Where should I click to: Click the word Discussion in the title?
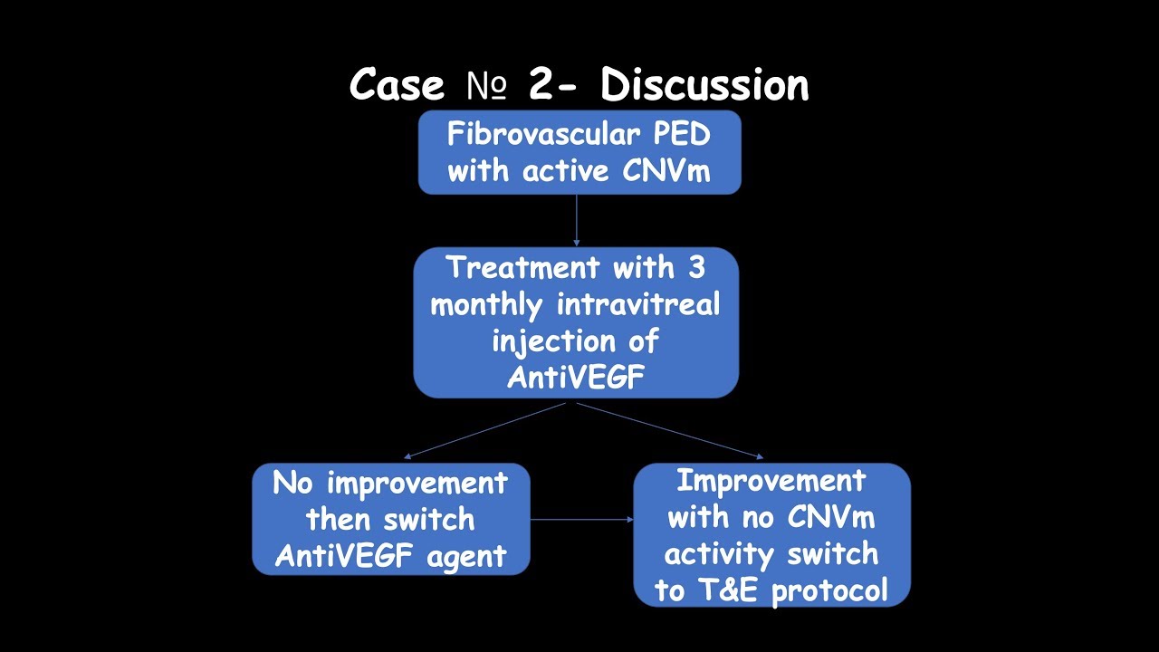704,85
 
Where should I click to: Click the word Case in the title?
397,85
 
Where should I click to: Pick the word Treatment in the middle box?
522,268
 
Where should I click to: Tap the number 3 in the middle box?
695,268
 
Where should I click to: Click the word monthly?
486,304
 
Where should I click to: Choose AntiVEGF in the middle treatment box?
576,377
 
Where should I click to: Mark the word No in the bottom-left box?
293,483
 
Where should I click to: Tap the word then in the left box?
340,520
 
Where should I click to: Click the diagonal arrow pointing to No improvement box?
485,431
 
